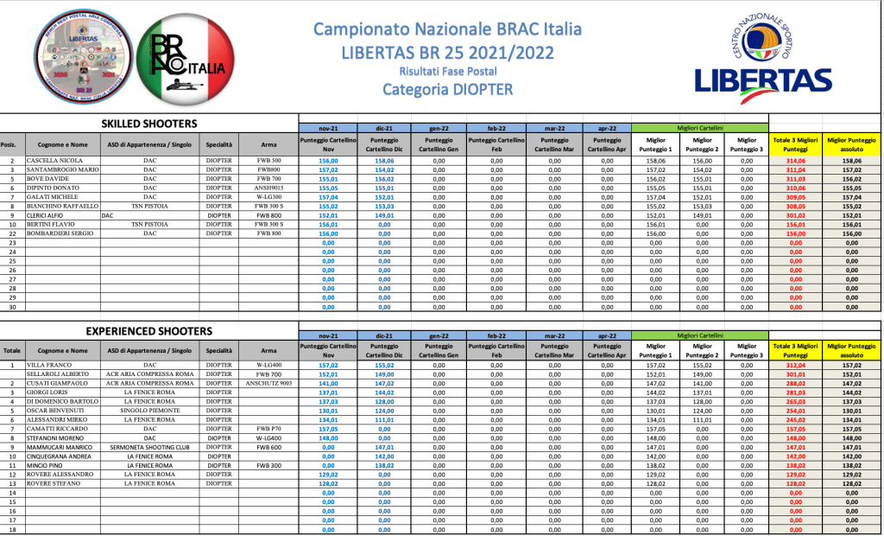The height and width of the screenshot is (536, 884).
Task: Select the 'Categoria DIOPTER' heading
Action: [x=447, y=88]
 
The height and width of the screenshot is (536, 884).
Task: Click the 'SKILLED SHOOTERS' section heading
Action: [x=149, y=124]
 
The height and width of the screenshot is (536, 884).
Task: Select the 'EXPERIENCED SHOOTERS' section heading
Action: [x=149, y=331]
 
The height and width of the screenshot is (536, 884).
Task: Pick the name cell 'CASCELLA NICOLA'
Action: [x=54, y=161]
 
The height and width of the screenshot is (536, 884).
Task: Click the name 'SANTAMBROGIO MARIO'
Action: [x=62, y=170]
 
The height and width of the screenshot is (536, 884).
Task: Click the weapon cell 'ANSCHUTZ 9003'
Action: [x=269, y=383]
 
